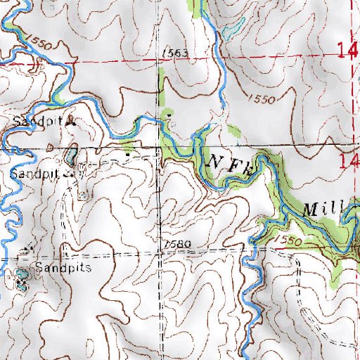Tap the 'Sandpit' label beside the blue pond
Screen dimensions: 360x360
tap(34, 172)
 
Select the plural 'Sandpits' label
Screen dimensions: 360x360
tap(64, 269)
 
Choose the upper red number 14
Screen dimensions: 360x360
tap(347, 51)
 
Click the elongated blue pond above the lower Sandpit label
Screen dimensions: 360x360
tap(72, 155)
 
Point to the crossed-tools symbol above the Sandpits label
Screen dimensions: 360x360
tap(29, 250)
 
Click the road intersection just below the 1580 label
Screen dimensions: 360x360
tap(160, 253)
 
